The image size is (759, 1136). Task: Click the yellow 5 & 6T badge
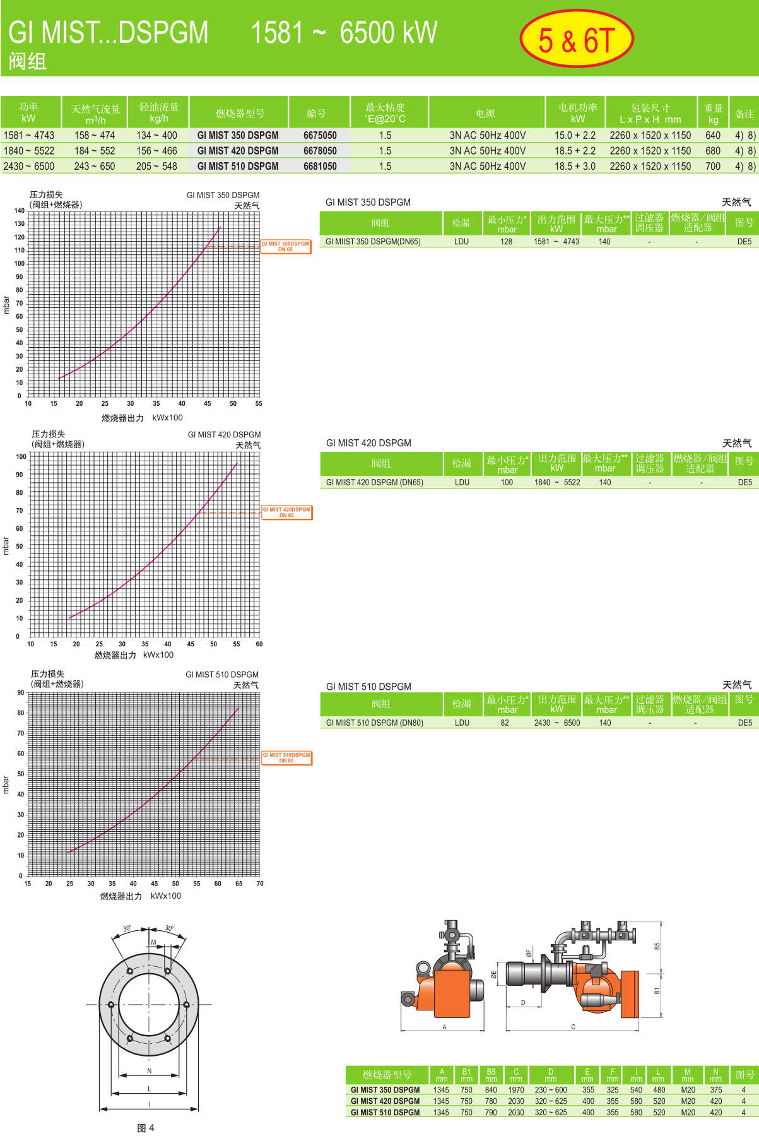point(576,39)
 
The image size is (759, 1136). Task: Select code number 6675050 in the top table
point(320,135)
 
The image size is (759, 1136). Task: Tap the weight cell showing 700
point(713,166)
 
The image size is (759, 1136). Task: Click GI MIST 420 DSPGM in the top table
point(238,151)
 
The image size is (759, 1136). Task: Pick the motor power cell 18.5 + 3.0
point(575,166)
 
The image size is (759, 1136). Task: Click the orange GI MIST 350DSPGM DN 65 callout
point(286,246)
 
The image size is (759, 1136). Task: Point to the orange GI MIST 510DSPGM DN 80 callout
point(286,757)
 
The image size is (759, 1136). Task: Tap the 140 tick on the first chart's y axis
point(20,211)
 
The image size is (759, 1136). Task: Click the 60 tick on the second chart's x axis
point(259,644)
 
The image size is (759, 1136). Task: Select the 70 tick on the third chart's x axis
point(260,884)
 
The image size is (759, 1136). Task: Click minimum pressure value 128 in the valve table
point(506,242)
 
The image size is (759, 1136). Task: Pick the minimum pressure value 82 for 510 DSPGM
point(505,723)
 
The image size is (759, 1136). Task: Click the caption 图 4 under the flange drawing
point(146,1128)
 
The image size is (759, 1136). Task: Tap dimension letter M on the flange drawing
point(153,942)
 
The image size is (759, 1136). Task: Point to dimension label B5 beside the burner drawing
point(657,947)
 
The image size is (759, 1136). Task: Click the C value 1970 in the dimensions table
point(516,1090)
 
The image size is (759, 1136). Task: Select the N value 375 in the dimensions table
point(715,1090)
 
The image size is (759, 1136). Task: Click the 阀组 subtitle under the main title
point(28,61)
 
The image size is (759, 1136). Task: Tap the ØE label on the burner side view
point(494,974)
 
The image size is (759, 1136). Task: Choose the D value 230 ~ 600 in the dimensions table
point(551,1090)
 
